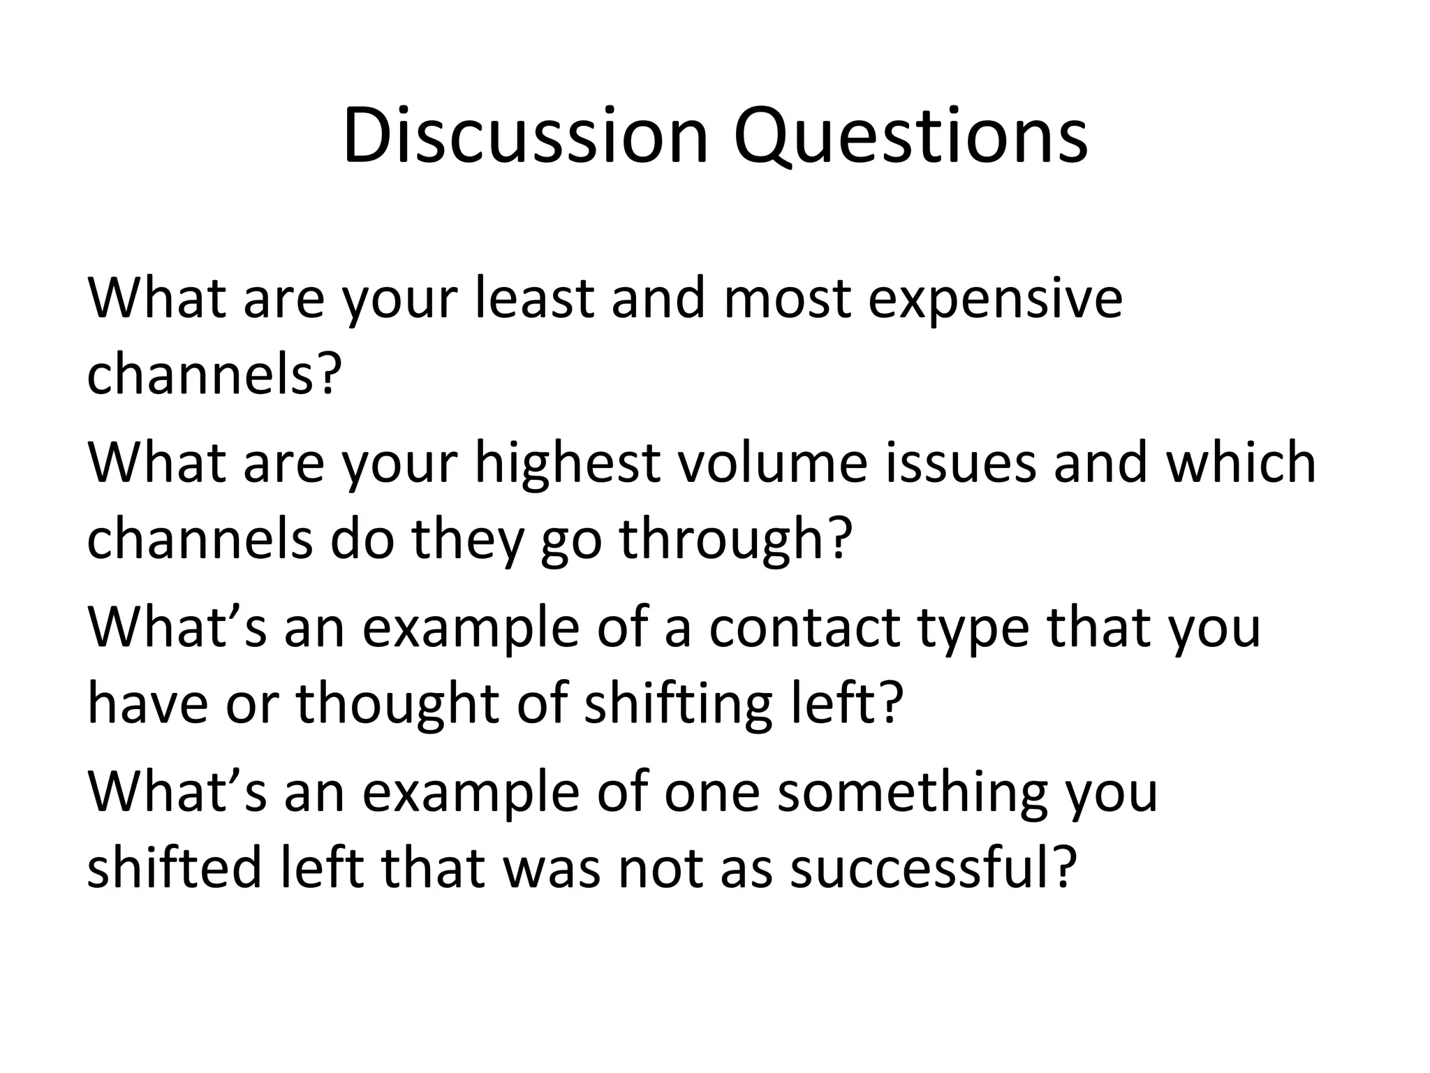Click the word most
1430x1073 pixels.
click(x=787, y=299)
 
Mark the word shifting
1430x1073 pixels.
click(x=677, y=704)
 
